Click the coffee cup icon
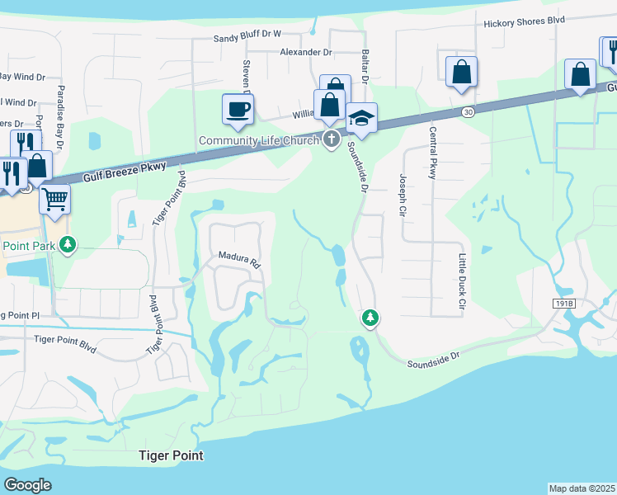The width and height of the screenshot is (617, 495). (x=238, y=109)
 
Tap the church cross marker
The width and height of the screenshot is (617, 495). (x=332, y=139)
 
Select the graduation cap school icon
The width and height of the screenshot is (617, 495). (x=361, y=119)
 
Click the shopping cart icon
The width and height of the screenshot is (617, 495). (x=54, y=198)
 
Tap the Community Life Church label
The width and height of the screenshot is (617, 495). (x=258, y=140)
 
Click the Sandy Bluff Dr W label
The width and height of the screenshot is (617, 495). (x=247, y=35)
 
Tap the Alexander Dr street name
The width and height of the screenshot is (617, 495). (x=305, y=52)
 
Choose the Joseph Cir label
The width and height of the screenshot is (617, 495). (x=403, y=191)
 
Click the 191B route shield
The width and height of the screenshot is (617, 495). (x=564, y=304)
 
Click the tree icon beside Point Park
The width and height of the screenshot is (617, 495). (x=69, y=245)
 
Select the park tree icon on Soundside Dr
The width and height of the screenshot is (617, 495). (x=370, y=318)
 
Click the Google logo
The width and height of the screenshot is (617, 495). (x=27, y=485)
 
